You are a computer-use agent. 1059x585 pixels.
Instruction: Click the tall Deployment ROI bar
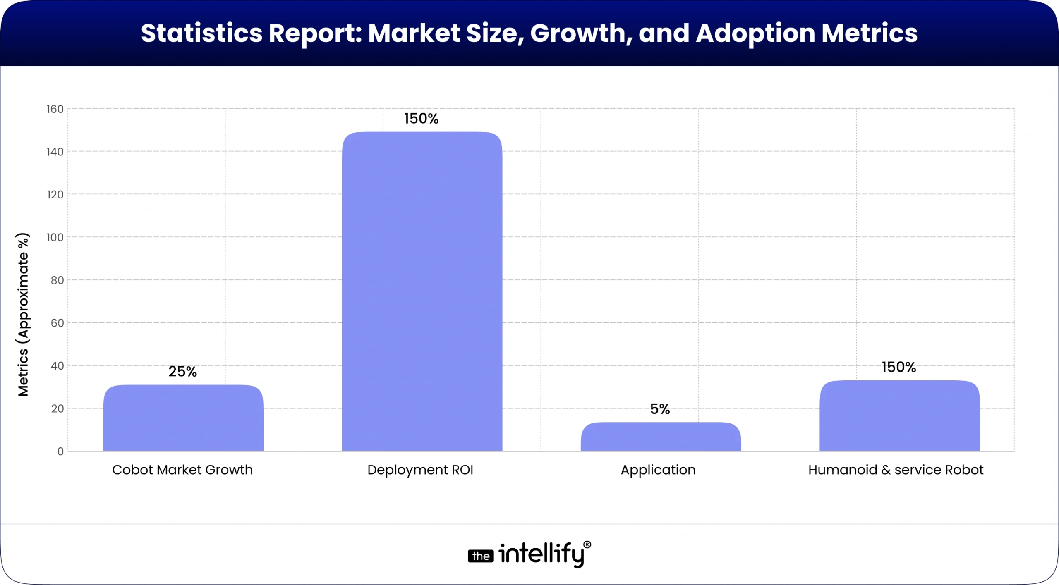pos(422,291)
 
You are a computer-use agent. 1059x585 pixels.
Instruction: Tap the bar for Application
pos(661,437)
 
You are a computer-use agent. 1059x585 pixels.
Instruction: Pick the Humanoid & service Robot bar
pos(899,415)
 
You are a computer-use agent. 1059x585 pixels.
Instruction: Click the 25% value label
pos(182,372)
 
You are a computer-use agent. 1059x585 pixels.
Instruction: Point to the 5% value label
pos(660,409)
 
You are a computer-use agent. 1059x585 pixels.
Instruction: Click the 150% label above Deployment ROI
pos(421,119)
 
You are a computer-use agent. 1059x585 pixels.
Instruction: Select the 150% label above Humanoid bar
pos(898,367)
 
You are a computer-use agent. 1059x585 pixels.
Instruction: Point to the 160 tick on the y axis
pos(55,109)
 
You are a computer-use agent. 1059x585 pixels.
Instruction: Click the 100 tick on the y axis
pos(55,237)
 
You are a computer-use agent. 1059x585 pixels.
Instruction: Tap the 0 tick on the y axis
pos(60,451)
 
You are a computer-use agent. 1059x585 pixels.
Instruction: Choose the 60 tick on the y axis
pos(57,323)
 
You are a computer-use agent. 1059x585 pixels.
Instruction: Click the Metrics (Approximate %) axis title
pos(23,314)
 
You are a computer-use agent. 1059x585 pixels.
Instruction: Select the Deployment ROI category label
pos(420,470)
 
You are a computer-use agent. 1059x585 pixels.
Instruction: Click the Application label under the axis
pos(658,470)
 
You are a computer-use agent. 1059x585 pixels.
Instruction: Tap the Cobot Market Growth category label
pos(182,470)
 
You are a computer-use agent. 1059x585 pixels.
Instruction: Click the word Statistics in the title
pos(201,33)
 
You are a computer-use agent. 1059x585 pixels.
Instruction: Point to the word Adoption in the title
pos(755,33)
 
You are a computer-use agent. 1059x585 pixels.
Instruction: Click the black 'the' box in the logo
pos(480,556)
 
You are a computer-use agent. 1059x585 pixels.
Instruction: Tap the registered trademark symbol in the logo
pos(587,544)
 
